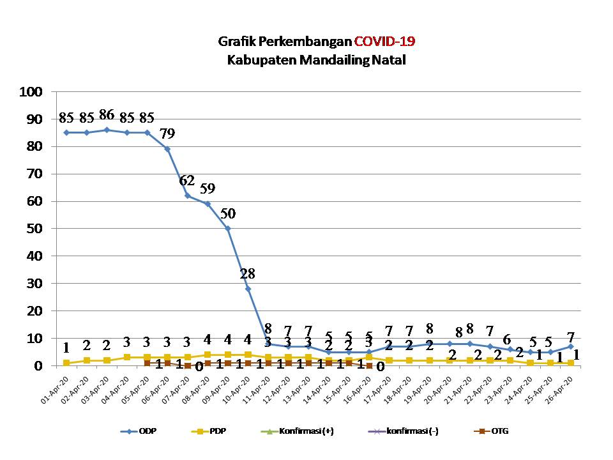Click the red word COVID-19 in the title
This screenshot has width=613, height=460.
point(384,42)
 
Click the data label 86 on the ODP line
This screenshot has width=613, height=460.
point(107,116)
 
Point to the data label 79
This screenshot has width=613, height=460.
point(167,134)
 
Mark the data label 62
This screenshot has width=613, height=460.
point(187,181)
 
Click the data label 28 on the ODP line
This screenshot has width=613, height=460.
point(248,274)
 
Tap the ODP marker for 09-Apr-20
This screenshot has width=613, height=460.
point(228,228)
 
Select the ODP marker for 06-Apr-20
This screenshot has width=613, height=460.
point(167,149)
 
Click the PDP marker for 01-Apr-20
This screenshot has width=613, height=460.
point(66,363)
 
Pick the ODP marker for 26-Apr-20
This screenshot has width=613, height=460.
point(571,346)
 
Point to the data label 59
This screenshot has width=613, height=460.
point(208,189)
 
